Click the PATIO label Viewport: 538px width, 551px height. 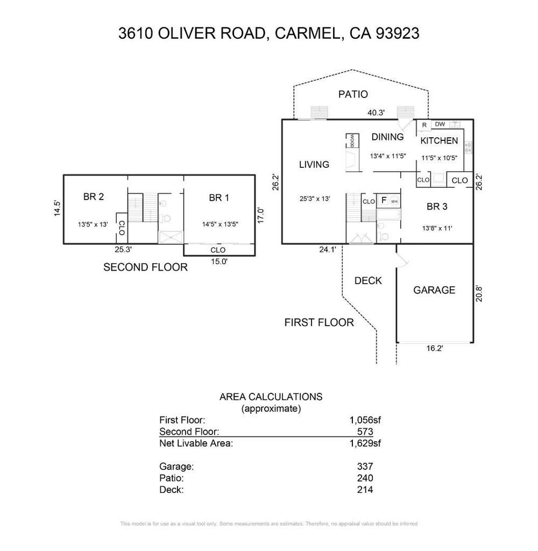353,95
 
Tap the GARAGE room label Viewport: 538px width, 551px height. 434,290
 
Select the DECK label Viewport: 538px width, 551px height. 369,280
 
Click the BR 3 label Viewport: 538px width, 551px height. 437,206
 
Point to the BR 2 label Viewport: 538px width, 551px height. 94,197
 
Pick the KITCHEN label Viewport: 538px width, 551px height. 439,141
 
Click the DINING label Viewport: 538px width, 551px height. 387,137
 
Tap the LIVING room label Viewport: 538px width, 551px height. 314,165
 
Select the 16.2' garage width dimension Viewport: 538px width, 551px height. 434,348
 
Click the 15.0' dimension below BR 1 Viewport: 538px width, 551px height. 218,261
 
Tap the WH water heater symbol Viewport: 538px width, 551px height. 394,201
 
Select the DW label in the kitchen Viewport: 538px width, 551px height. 440,124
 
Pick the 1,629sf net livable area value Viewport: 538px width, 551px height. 365,444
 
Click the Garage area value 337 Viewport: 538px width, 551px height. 365,467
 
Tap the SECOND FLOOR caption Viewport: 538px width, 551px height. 145,267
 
